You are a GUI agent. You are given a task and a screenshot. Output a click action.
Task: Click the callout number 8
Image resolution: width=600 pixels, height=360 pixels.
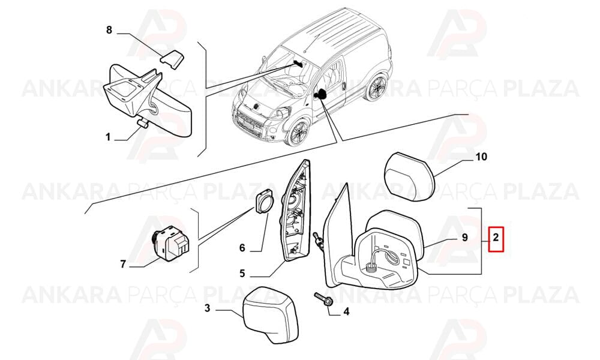click(x=109, y=30)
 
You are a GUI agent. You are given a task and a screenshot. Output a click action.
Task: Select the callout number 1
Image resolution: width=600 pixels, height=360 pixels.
click(x=108, y=137)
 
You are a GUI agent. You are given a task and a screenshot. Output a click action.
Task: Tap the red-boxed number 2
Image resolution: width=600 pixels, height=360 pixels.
click(x=496, y=239)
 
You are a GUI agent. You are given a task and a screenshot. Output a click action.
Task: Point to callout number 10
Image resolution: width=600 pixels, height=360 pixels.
click(x=481, y=157)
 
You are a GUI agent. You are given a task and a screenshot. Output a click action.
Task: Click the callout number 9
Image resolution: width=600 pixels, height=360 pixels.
click(x=464, y=238)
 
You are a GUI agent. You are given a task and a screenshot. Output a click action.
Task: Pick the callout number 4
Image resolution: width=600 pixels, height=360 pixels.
click(x=346, y=312)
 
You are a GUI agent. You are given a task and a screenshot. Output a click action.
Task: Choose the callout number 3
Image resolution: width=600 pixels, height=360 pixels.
click(x=207, y=308)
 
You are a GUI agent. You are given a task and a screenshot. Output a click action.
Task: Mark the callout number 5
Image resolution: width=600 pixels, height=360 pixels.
click(x=242, y=274)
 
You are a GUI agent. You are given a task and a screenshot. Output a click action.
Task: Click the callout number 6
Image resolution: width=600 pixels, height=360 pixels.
click(x=242, y=248)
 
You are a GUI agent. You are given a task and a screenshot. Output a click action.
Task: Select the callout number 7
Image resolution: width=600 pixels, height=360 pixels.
click(x=123, y=264)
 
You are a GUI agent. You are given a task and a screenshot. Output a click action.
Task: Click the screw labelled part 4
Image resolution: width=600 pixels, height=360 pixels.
click(x=323, y=299)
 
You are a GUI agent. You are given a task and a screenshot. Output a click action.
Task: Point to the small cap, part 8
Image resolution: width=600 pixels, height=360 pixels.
click(x=172, y=58)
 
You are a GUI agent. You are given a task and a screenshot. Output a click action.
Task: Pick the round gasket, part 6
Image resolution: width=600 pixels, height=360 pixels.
click(x=264, y=201)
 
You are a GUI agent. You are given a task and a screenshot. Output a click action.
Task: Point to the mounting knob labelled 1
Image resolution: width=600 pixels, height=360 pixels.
click(x=143, y=122)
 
